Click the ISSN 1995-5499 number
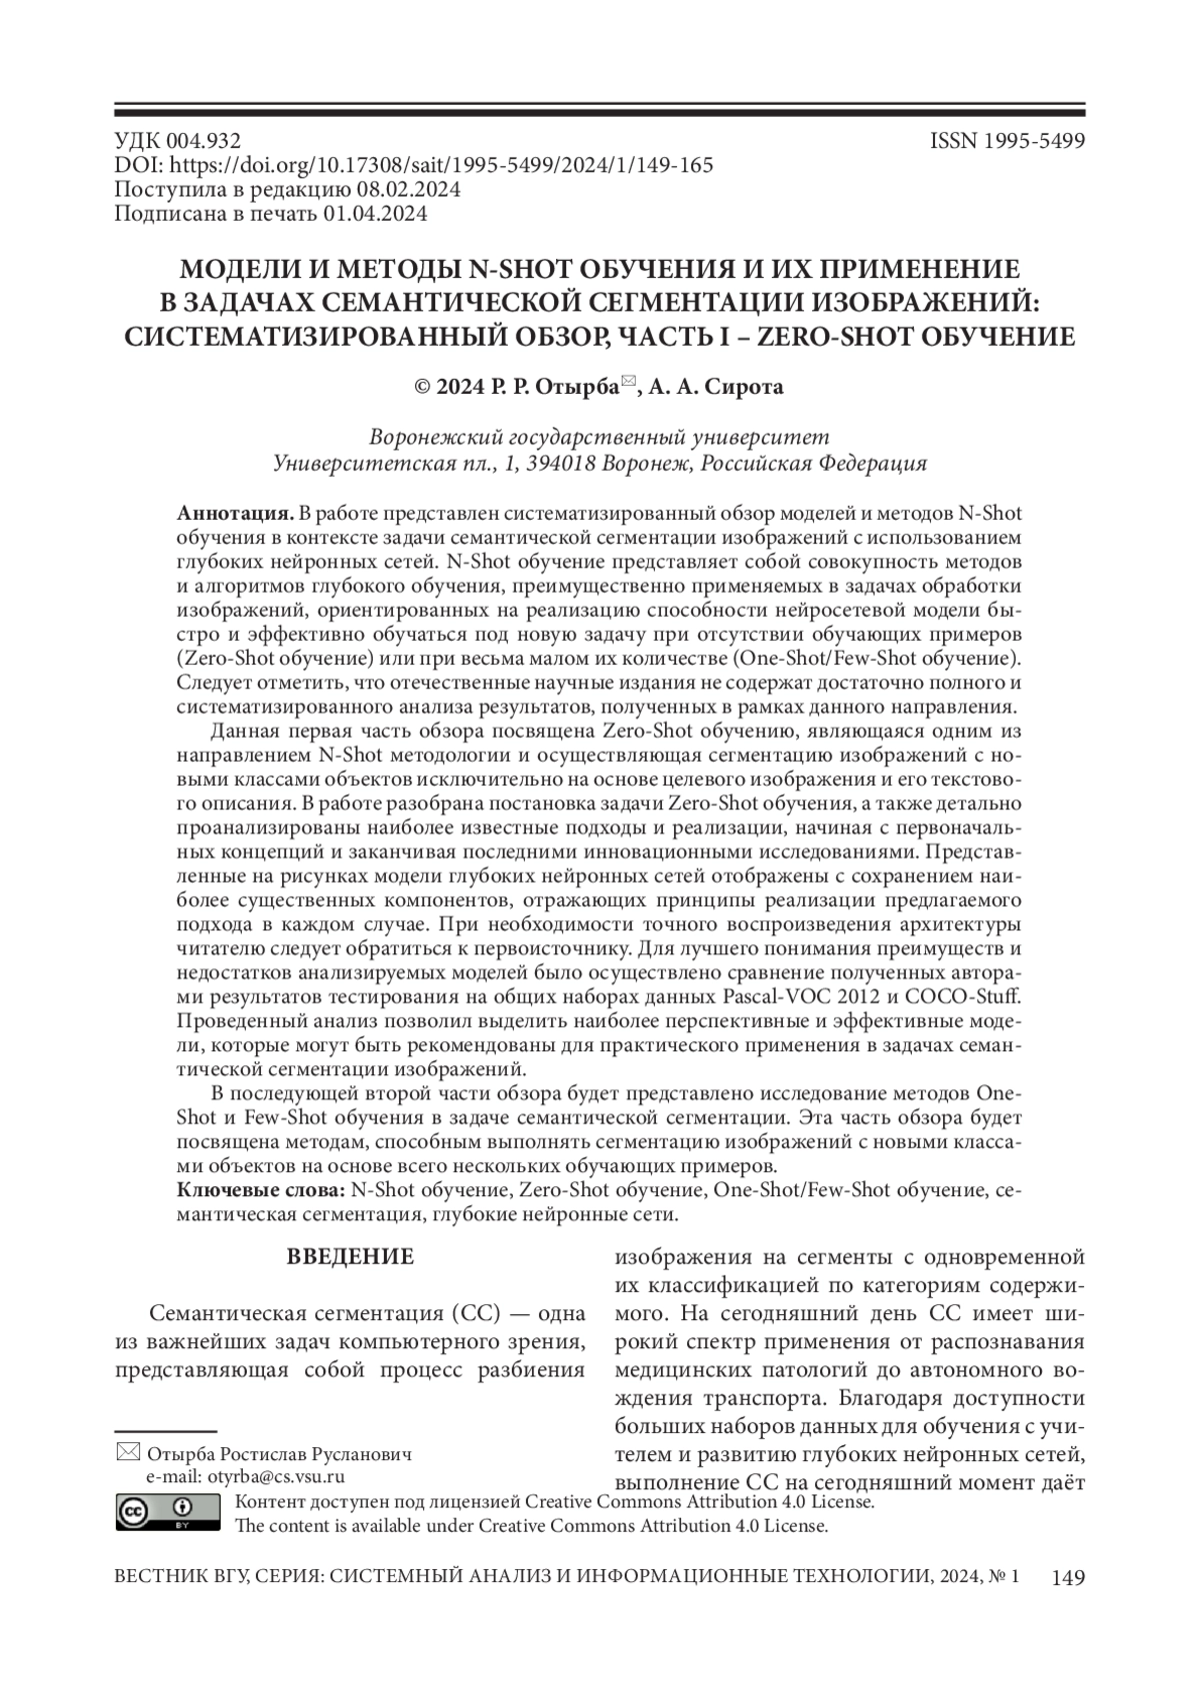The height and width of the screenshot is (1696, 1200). (x=1007, y=141)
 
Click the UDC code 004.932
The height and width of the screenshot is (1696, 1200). (x=206, y=141)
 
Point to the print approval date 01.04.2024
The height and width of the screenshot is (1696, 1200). (x=374, y=213)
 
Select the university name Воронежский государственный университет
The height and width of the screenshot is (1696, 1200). (x=599, y=438)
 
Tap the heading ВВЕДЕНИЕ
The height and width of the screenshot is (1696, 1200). (x=350, y=1257)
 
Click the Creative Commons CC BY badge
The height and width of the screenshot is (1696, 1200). (x=167, y=1512)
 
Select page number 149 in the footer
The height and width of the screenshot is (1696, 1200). (x=1068, y=1578)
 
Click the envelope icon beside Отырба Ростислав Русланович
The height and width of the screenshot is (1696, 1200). (x=129, y=1452)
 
